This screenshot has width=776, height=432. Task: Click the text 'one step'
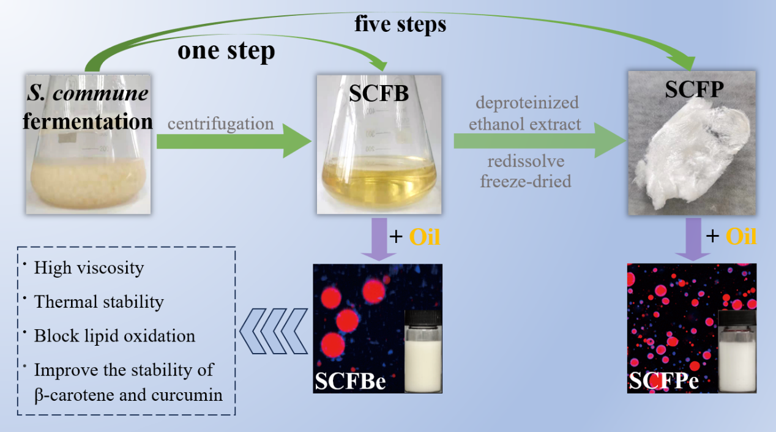tap(226, 51)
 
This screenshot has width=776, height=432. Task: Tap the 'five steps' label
tap(400, 24)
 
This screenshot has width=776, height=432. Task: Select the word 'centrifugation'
tap(221, 124)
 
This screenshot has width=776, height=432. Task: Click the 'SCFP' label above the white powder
tap(695, 90)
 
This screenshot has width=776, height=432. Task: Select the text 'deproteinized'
tap(524, 102)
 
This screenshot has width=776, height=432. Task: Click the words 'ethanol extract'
tap(524, 124)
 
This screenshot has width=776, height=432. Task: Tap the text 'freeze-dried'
tap(526, 182)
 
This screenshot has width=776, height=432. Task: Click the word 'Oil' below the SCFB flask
tap(424, 237)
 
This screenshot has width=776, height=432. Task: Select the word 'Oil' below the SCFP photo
tap(741, 237)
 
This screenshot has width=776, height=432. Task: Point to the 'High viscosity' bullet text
tap(89, 268)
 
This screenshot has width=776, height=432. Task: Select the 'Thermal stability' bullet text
tap(99, 302)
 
